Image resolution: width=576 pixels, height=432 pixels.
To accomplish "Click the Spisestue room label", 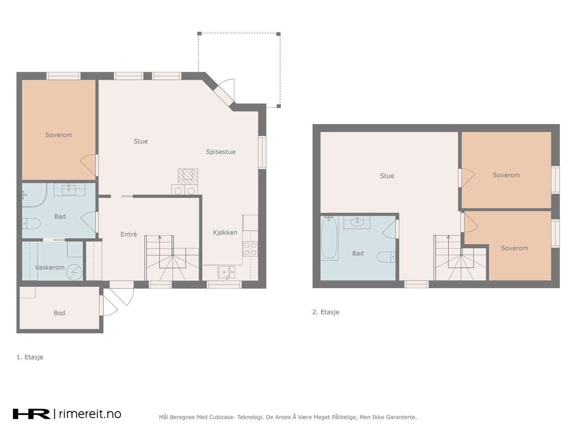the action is click(x=220, y=152).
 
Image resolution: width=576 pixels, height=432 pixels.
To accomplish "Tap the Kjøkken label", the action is click(x=225, y=232).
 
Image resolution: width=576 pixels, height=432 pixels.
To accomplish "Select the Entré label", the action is click(x=129, y=234).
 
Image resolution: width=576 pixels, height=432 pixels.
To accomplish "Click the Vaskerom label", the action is click(x=50, y=267).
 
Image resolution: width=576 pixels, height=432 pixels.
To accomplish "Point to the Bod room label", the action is click(x=59, y=313).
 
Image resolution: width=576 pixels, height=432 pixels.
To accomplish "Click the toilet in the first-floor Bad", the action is click(x=31, y=224).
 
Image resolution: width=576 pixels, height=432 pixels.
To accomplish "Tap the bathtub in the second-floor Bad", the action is click(x=329, y=238).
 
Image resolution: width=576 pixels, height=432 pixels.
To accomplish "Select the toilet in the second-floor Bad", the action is click(x=386, y=257).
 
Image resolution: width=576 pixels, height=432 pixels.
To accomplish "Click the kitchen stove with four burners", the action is click(x=251, y=249).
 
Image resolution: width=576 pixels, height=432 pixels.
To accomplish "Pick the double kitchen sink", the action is click(x=227, y=273).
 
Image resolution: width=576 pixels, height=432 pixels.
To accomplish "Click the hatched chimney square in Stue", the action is click(x=188, y=177).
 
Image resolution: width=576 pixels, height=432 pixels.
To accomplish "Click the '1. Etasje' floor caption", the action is click(x=30, y=357).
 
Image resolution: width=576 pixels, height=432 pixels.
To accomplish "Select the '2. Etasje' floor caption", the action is click(x=326, y=312).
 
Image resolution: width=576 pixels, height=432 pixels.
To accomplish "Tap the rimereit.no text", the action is click(x=90, y=414).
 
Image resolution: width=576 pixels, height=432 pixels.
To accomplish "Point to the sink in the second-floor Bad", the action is click(x=357, y=222).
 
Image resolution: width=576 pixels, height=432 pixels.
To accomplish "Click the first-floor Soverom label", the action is click(x=59, y=135).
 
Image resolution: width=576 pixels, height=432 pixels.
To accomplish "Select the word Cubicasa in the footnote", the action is click(x=220, y=417).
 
